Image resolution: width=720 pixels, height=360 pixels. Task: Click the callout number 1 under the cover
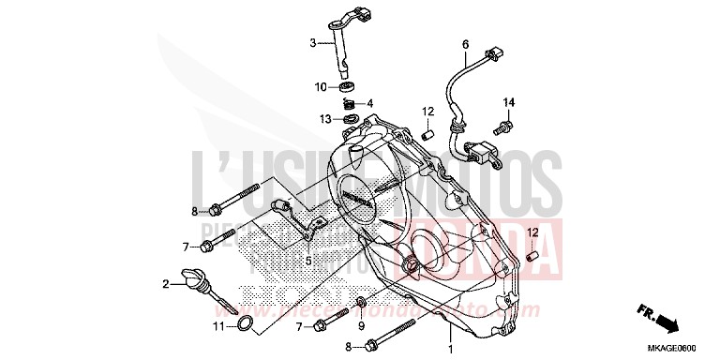tap(450, 349)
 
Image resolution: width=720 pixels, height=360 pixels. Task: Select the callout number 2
tap(166, 283)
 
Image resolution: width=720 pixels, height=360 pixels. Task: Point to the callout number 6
tap(463, 44)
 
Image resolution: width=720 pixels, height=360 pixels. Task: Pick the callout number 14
tap(509, 101)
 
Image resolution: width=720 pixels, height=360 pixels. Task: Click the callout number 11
tap(218, 326)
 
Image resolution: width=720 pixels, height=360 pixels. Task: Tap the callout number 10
tap(320, 86)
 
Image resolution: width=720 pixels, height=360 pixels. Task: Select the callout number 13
tap(322, 119)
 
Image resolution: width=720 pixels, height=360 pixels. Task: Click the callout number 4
tap(370, 103)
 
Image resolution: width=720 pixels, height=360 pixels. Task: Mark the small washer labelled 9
tap(362, 302)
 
